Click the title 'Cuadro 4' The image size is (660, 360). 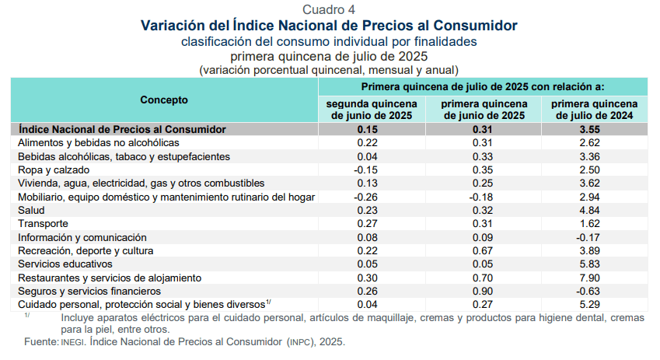tap(329, 9)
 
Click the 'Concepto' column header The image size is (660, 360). tap(164, 100)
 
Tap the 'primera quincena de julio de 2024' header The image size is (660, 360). tap(595, 110)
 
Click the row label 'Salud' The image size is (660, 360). tap(31, 210)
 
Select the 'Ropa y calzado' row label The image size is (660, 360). tap(53, 170)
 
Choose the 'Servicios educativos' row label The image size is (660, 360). tap(65, 264)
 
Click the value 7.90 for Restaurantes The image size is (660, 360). tap(595, 278)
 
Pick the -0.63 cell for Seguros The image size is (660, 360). tap(595, 291)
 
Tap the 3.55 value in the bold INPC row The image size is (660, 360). tap(595, 129)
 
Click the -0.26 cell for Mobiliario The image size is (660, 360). tap(367, 197)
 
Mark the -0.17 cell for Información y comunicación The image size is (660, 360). tap(595, 237)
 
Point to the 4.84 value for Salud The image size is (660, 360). tap(595, 210)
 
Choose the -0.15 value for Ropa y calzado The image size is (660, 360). tap(367, 170)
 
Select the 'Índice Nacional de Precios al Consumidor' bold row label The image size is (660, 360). tap(122, 129)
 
